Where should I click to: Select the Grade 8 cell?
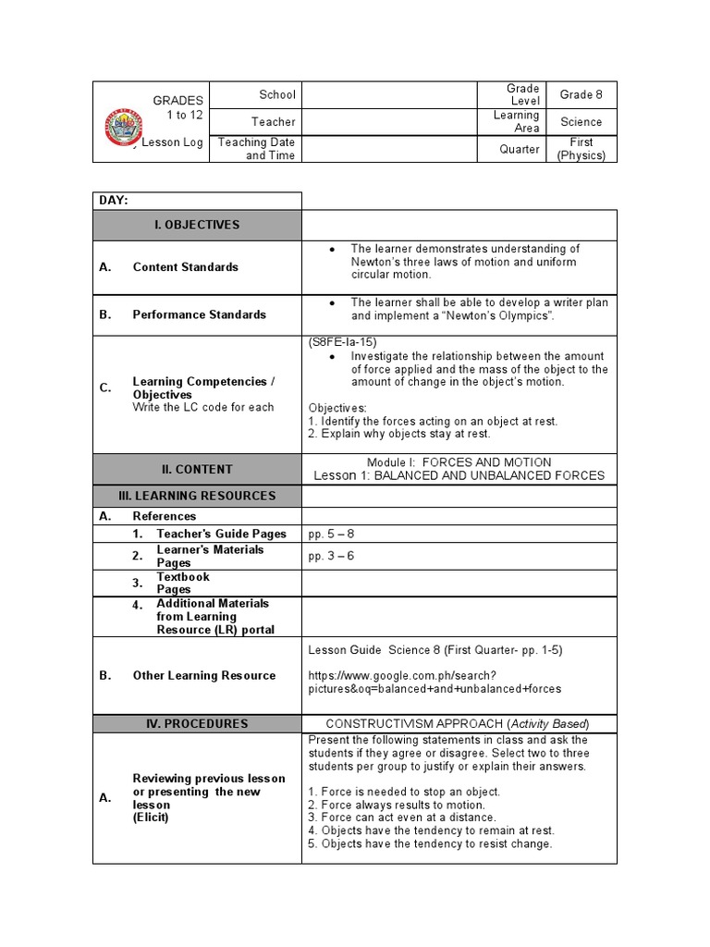[581, 94]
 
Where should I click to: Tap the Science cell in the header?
[581, 121]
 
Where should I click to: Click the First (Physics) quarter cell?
[581, 149]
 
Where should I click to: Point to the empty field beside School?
[389, 94]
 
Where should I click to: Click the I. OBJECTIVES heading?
[197, 225]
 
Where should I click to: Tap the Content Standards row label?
[185, 267]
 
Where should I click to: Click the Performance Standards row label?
[199, 314]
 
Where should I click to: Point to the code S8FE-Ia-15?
[343, 342]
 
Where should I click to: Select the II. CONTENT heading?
[197, 469]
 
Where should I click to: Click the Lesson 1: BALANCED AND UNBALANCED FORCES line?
[459, 475]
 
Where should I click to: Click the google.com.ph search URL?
[435, 683]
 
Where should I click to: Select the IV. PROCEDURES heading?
[197, 724]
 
